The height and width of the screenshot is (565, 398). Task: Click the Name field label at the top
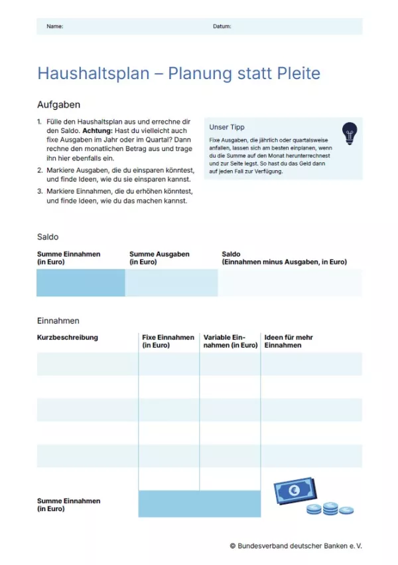[x=54, y=27]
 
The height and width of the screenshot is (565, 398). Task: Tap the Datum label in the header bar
[x=222, y=27]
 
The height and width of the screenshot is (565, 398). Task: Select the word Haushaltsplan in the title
[x=94, y=73]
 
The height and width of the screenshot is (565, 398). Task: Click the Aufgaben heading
[x=59, y=104]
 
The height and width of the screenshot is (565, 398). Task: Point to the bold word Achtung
[x=98, y=132]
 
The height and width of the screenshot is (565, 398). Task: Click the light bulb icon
[x=349, y=133]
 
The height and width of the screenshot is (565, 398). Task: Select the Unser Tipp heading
[x=227, y=127]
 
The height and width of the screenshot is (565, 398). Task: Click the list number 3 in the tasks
[x=40, y=191]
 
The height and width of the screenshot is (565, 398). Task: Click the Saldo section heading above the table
[x=48, y=237]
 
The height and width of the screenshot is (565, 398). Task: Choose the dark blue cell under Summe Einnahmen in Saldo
[x=80, y=282]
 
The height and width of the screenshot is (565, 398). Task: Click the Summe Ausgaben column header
[x=159, y=258]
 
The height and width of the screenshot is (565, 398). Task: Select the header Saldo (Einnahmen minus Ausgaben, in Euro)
[x=284, y=258]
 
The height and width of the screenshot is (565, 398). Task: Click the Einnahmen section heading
[x=58, y=320]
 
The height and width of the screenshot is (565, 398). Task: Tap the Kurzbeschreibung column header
[x=67, y=337]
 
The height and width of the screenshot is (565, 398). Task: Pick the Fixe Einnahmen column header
[x=168, y=341]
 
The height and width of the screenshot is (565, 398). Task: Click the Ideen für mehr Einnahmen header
[x=289, y=341]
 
